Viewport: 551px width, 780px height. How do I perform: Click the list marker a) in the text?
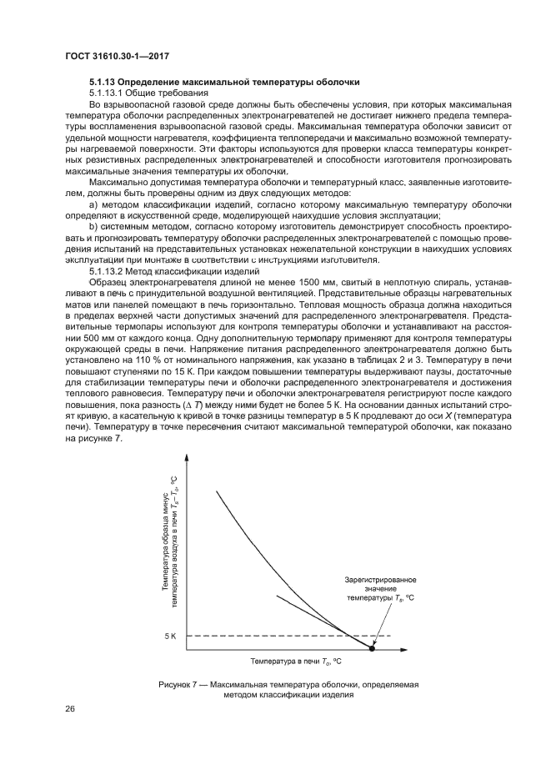click(x=93, y=204)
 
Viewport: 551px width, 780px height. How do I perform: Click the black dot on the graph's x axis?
click(x=372, y=647)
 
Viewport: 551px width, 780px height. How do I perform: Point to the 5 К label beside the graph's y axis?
click(x=170, y=636)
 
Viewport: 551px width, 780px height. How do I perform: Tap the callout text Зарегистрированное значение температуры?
click(x=381, y=588)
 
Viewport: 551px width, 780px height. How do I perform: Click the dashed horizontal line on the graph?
click(x=275, y=636)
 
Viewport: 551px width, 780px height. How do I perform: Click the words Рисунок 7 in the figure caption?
click(x=177, y=684)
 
